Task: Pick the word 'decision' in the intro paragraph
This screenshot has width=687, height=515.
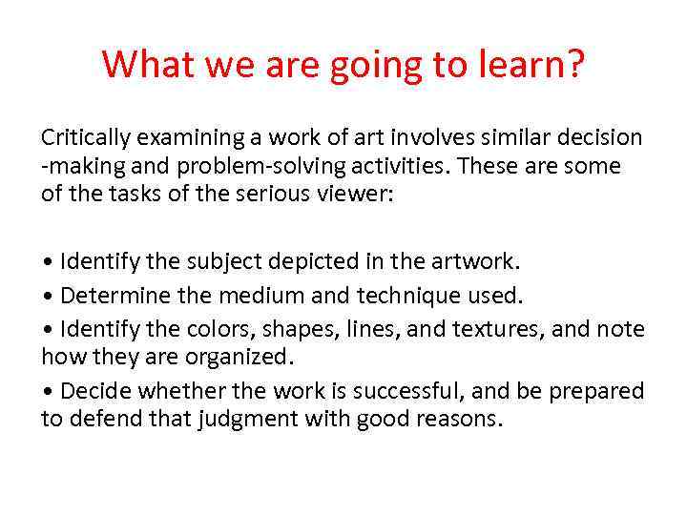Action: coord(602,139)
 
